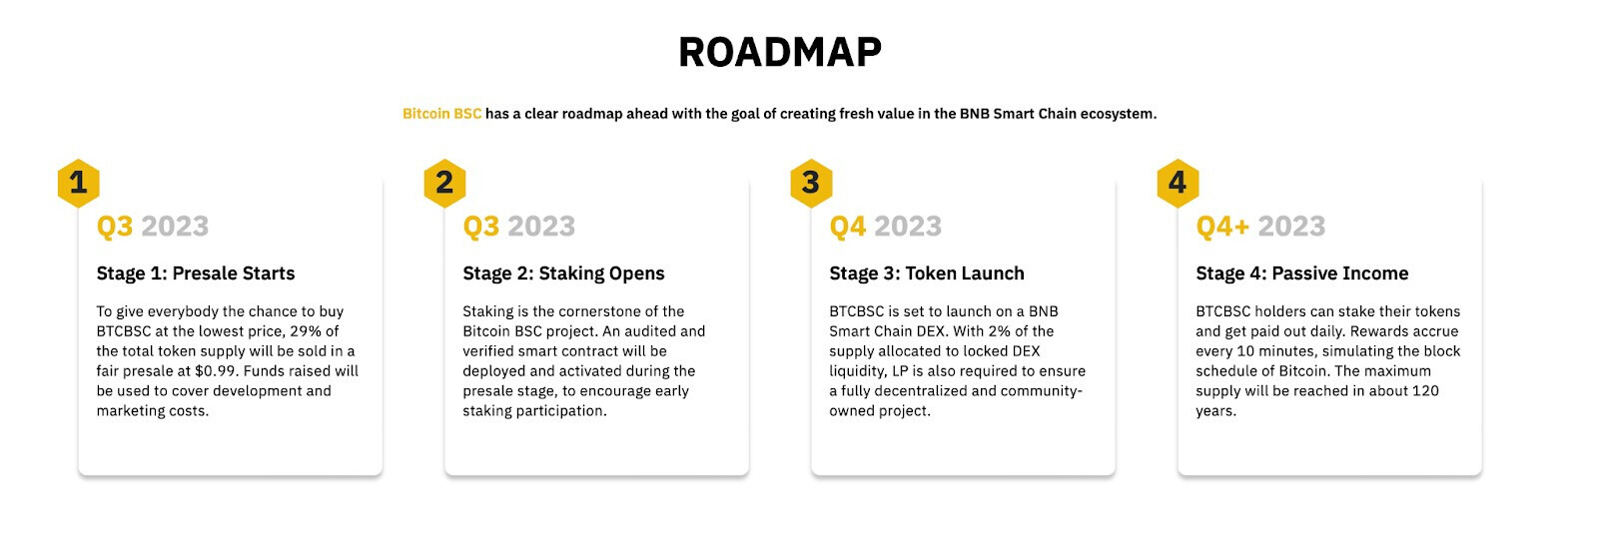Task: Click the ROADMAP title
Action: point(780,52)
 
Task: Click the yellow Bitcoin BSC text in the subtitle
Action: point(441,114)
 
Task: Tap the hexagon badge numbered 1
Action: point(79,183)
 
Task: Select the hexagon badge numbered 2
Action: point(444,183)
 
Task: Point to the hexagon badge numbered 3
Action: point(811,183)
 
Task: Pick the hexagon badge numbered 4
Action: point(1178,183)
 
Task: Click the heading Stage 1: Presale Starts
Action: point(196,273)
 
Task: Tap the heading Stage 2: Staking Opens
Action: point(563,273)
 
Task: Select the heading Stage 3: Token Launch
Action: point(927,273)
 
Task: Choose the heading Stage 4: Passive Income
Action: point(1302,273)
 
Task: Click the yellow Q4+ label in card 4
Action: point(1222,227)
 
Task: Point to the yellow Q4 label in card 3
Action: point(848,227)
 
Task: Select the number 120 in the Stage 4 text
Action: point(1425,391)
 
